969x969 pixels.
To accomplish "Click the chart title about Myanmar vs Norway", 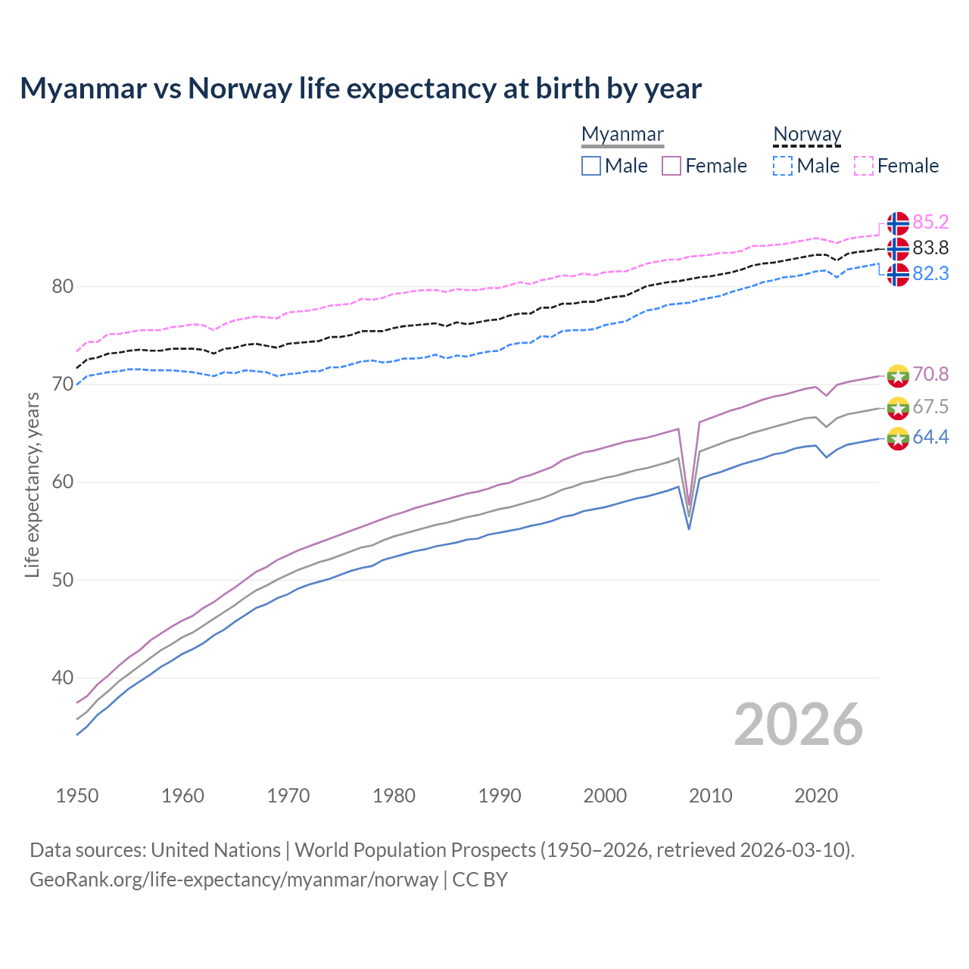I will pos(361,89).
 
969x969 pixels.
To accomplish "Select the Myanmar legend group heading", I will pos(622,134).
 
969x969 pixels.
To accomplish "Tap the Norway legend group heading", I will pos(807,134).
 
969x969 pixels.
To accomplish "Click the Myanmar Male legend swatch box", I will pos(591,166).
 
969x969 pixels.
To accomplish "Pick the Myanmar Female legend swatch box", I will pos(671,166).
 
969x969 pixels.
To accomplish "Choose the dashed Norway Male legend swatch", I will pos(783,166).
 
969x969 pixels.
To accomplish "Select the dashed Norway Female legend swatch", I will pos(864,166).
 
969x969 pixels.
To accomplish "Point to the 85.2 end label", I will pos(930,222).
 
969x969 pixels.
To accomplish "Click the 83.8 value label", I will pos(930,248).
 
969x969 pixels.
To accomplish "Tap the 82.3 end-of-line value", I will pos(930,273).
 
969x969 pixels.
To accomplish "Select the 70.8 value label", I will pos(930,374).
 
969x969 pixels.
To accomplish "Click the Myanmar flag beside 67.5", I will pos(898,407).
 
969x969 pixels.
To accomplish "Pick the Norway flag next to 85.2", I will pos(898,223).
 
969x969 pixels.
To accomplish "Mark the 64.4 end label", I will pos(930,437).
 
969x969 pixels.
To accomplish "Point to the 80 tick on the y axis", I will pos(63,286).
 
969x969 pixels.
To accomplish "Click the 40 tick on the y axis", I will pos(63,678).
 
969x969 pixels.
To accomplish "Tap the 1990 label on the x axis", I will pos(500,796).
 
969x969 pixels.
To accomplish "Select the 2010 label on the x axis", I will pos(710,796).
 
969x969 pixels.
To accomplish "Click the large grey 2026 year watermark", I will pos(799,724).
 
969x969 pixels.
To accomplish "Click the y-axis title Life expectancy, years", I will pos(33,484).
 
